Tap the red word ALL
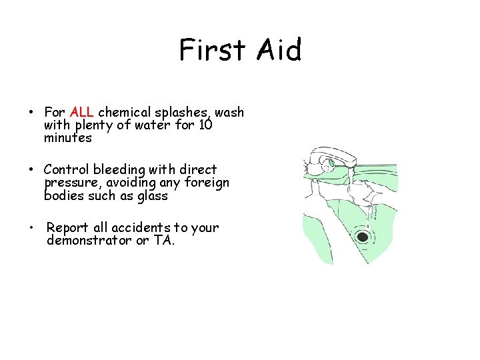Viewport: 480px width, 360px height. [81, 112]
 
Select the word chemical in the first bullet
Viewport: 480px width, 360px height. [124, 112]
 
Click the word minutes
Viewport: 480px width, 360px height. [67, 138]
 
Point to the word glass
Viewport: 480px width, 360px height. [151, 196]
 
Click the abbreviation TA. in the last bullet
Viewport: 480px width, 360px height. [163, 241]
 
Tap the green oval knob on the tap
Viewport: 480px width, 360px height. [330, 162]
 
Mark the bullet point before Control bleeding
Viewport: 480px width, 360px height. [31, 170]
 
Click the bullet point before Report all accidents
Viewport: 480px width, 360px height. [31, 228]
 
